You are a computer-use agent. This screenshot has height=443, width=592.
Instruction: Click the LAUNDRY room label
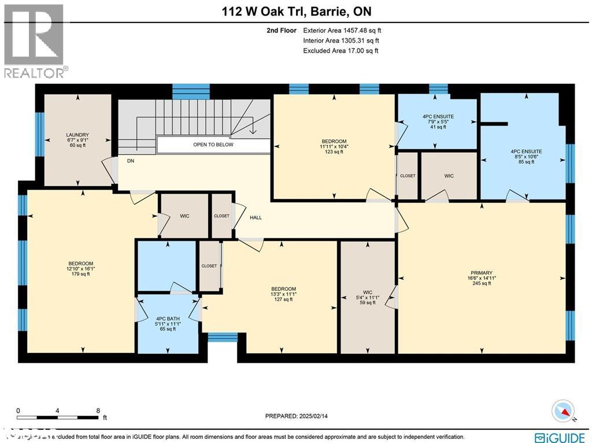pyautogui.click(x=77, y=141)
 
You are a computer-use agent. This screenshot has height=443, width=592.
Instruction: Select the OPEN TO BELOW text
pyautogui.click(x=213, y=145)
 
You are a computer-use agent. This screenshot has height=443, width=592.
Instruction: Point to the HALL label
pyautogui.click(x=256, y=217)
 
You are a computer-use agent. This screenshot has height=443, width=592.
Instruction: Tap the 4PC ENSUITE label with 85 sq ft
pyautogui.click(x=523, y=156)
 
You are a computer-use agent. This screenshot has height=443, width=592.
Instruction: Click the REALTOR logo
pyautogui.click(x=35, y=40)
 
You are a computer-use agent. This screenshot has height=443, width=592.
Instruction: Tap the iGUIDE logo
pyautogui.click(x=561, y=437)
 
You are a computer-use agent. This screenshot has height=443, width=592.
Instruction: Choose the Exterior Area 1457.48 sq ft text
pyautogui.click(x=342, y=31)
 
